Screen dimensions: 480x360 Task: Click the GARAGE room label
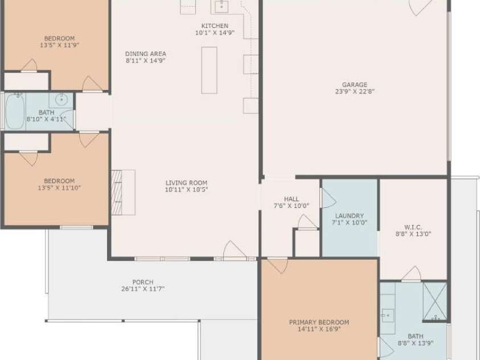click(x=355, y=84)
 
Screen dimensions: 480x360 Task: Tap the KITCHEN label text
click(x=215, y=26)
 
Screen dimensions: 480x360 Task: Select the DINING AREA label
click(x=146, y=54)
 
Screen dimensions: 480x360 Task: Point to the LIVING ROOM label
click(x=186, y=183)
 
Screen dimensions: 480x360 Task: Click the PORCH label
click(x=143, y=282)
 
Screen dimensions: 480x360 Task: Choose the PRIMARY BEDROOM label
click(x=319, y=322)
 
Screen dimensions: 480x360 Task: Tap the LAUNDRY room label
click(x=349, y=216)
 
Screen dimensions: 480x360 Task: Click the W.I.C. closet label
click(x=413, y=227)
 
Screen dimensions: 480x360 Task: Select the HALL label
click(x=292, y=199)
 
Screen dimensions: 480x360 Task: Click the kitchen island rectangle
click(x=209, y=70)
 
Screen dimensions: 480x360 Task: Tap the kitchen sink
click(x=221, y=6)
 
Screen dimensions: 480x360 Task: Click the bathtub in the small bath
click(x=15, y=112)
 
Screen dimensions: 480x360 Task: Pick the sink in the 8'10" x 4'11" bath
click(x=62, y=99)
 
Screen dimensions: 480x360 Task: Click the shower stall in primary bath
click(x=434, y=301)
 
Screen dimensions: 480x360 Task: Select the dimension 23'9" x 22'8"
click(x=355, y=91)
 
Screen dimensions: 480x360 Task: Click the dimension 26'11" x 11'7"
click(x=143, y=289)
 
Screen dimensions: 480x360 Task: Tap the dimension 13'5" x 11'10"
click(x=59, y=187)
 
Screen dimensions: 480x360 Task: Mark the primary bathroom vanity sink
click(x=388, y=316)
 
